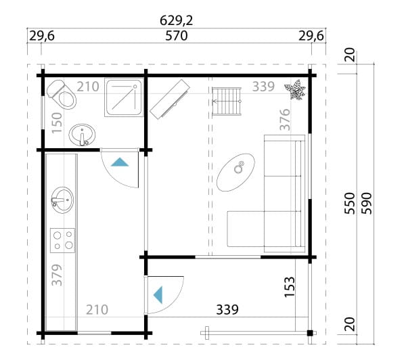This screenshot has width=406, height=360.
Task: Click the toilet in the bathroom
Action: (62, 94)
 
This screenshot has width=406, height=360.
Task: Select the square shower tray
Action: (124, 97)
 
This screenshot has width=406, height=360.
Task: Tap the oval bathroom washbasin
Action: (82, 135)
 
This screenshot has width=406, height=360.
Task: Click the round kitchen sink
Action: (62, 200)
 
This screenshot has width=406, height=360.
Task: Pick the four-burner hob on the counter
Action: (63, 240)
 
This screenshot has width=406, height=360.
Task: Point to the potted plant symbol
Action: (295, 89)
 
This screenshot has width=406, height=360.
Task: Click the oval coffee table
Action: (235, 173)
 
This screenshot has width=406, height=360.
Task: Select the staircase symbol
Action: (227, 102)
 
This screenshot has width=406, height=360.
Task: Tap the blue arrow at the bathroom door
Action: (120, 162)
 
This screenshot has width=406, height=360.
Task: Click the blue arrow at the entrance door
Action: (158, 295)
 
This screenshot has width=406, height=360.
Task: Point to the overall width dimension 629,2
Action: (177, 20)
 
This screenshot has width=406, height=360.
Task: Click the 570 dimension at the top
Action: (177, 36)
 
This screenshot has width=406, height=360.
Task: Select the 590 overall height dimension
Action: (366, 204)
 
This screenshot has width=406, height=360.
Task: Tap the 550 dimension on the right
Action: (350, 204)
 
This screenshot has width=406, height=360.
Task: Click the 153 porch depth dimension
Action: (290, 287)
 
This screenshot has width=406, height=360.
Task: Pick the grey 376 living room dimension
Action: (285, 120)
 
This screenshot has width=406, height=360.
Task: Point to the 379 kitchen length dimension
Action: (57, 275)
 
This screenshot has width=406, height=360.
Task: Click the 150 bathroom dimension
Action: (57, 122)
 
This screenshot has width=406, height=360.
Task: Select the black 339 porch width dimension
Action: (227, 309)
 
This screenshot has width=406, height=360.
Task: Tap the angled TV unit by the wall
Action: (170, 99)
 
